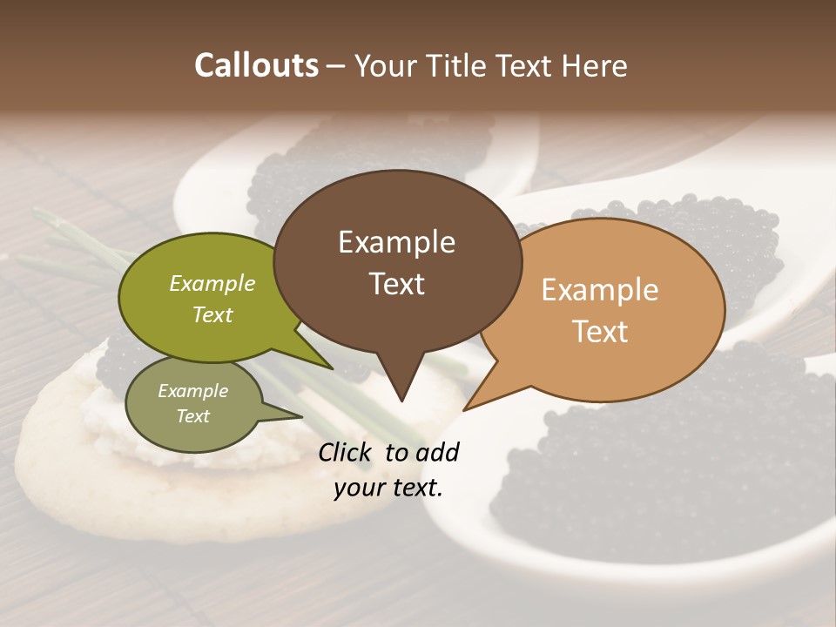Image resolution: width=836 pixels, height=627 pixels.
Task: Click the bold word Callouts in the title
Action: pos(256,65)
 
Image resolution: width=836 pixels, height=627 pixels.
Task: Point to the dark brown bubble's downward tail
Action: pos(401,383)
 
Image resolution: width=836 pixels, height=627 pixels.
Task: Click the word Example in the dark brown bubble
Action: pos(396,242)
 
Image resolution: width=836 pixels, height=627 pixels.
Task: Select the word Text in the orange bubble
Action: pos(600,331)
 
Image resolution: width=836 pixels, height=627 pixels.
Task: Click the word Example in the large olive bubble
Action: pos(212,283)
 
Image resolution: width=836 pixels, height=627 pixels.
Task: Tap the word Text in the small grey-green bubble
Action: pos(193,416)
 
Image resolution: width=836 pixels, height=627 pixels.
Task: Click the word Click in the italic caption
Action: pos(346,452)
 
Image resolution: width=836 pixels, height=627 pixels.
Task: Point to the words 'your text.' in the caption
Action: pos(388,488)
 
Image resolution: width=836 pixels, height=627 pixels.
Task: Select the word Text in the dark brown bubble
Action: pos(396,284)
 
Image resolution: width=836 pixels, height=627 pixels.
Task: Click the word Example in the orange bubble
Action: pos(600,290)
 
